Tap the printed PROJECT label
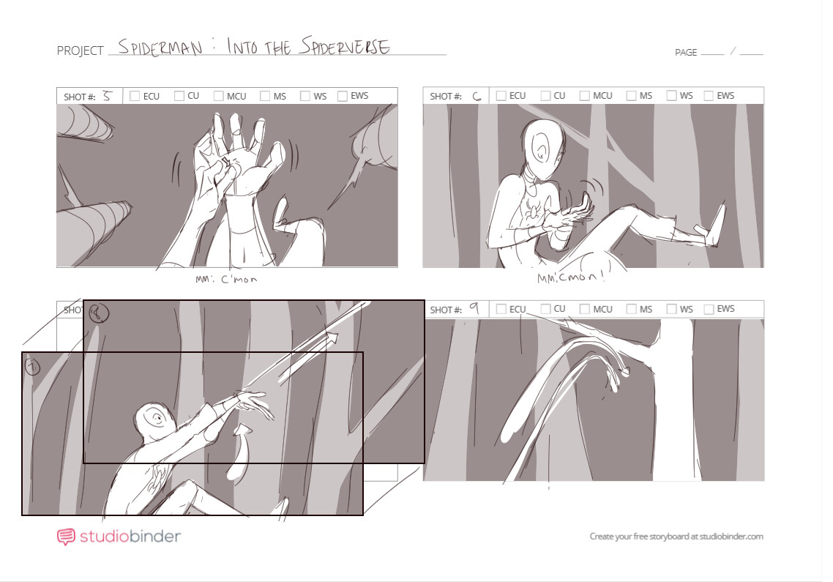(80, 51)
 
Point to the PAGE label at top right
(685, 53)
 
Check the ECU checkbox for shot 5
(135, 96)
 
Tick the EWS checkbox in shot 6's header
(708, 96)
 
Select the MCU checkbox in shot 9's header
(584, 309)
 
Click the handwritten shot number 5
(107, 95)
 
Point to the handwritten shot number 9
(474, 309)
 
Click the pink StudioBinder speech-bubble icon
(66, 537)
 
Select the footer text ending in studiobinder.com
(676, 537)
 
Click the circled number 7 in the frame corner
(32, 365)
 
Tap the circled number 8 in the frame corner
(98, 313)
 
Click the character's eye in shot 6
(541, 152)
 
